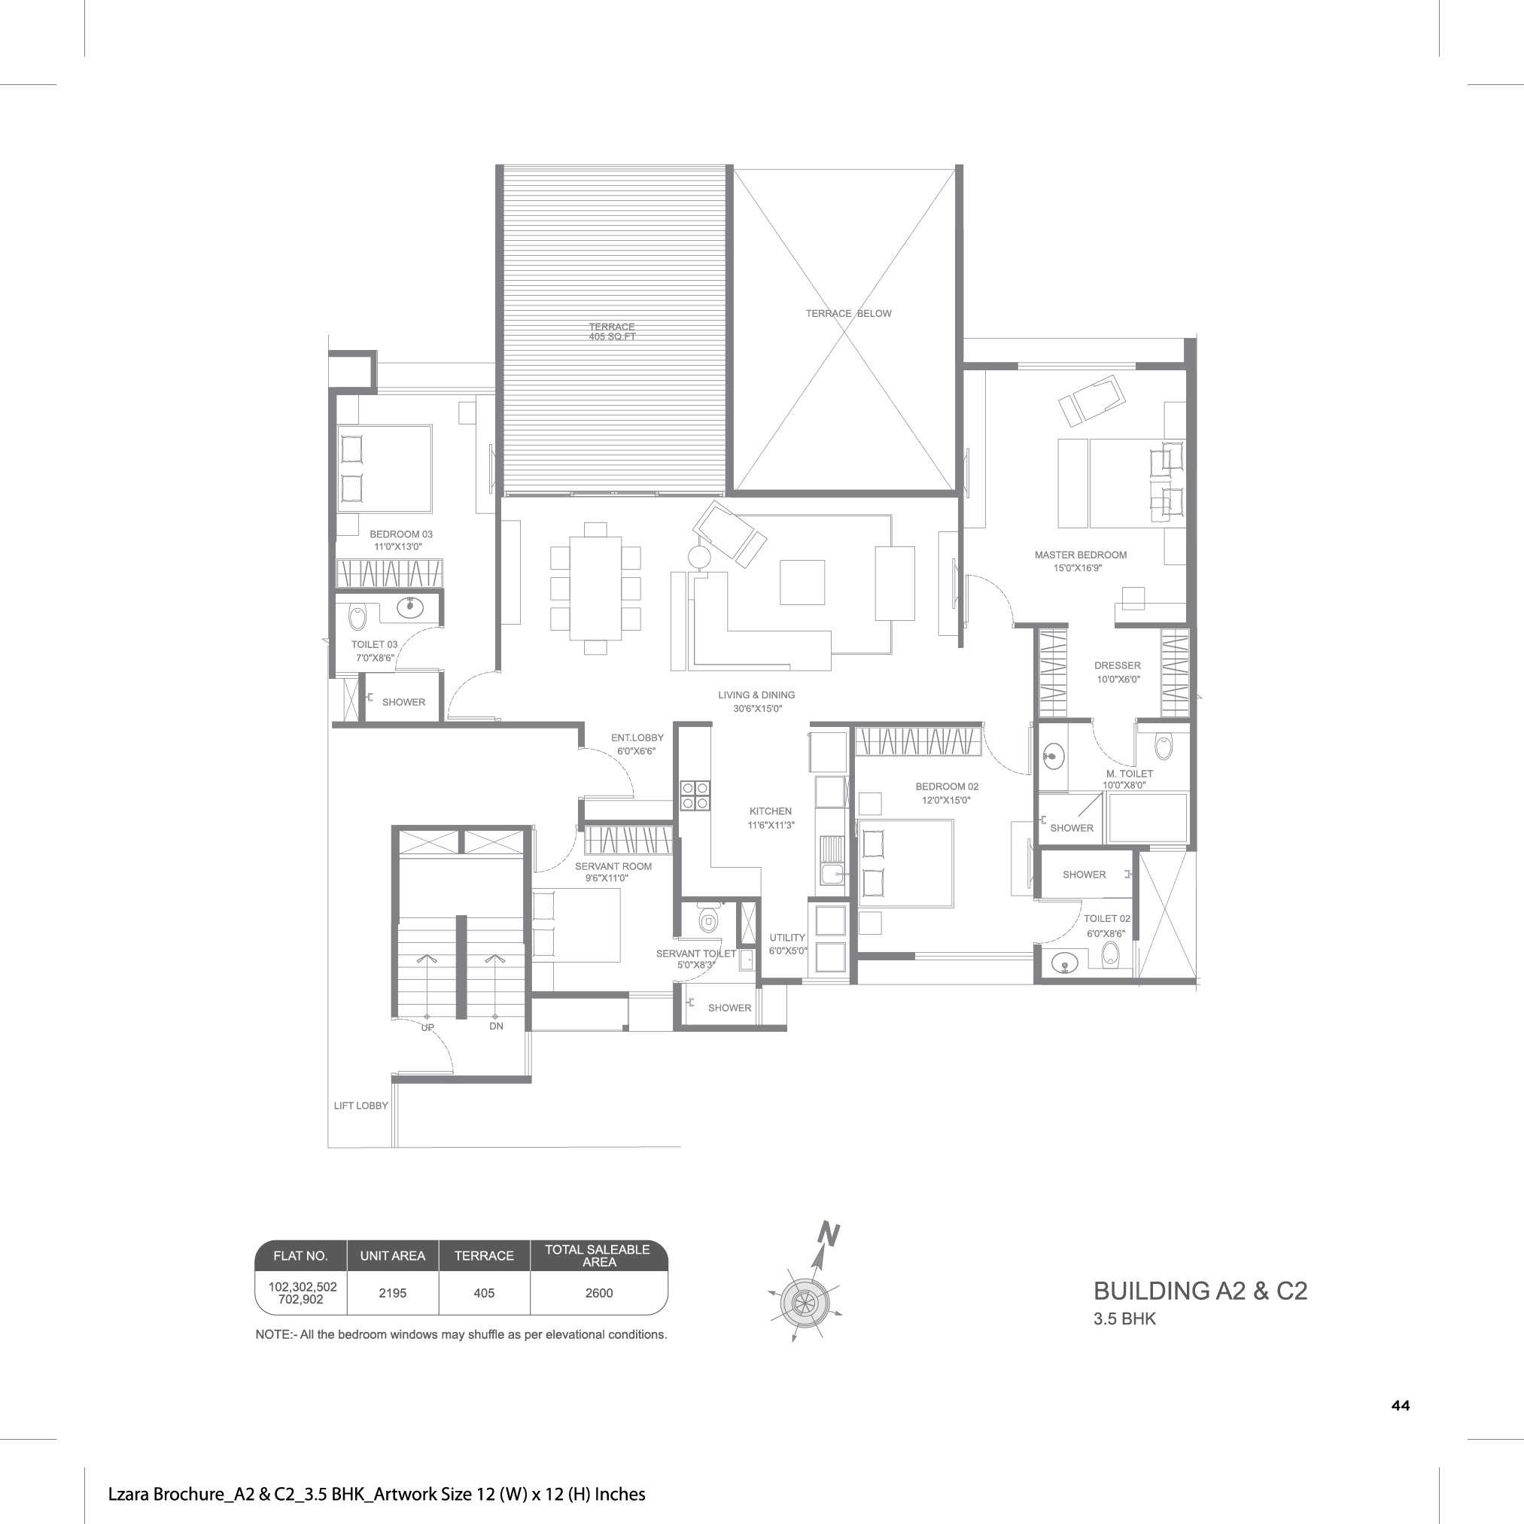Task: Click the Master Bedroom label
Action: (x=1080, y=555)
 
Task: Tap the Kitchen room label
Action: (x=770, y=811)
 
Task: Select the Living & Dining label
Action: (x=756, y=695)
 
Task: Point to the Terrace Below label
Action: (x=848, y=313)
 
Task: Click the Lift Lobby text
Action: (x=360, y=1105)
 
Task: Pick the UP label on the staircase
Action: (x=427, y=1027)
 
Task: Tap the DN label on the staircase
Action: (x=495, y=1027)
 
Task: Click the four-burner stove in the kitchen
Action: (x=695, y=795)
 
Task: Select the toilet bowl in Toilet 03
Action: (x=357, y=617)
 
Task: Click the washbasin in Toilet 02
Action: (x=1065, y=963)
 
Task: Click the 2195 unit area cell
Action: (x=392, y=1293)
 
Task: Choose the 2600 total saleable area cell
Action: (x=599, y=1293)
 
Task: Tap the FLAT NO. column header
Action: (x=300, y=1256)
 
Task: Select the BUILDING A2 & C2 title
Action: (x=1200, y=1291)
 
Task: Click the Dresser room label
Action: (x=1117, y=666)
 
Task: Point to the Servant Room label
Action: (x=613, y=866)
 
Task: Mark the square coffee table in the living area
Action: (x=802, y=583)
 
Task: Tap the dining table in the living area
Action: (x=595, y=588)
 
